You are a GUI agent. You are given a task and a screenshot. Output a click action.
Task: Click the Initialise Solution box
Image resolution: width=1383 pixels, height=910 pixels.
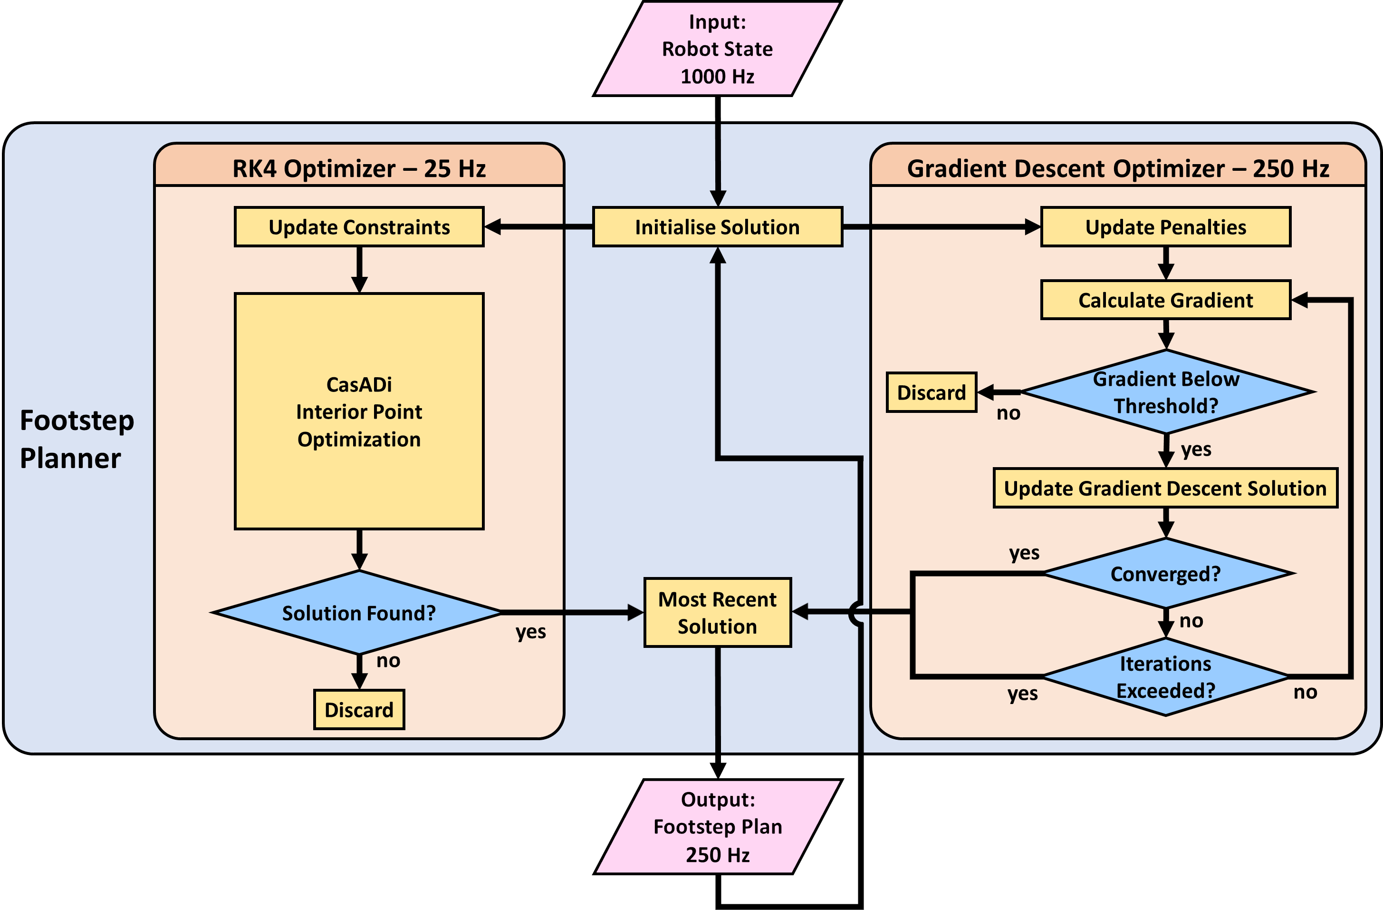coord(717,227)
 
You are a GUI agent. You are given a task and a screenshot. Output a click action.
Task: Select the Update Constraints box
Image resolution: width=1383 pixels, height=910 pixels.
coord(359,227)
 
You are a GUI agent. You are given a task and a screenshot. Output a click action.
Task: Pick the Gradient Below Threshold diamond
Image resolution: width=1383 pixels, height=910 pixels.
coord(1166,392)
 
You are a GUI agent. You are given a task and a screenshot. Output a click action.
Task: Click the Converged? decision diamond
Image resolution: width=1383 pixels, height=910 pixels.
coord(1166,573)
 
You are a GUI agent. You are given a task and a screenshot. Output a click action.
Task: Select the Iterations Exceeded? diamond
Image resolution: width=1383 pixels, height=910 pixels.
coord(1166,677)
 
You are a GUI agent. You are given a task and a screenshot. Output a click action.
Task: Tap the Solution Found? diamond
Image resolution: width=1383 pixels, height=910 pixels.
coord(358,612)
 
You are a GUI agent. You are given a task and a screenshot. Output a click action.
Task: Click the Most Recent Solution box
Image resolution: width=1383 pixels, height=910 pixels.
coord(717,612)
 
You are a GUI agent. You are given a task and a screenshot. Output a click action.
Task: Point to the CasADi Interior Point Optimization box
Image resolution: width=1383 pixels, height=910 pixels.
coord(359,411)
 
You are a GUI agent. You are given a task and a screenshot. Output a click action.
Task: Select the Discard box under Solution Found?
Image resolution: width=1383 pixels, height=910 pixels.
coord(359,709)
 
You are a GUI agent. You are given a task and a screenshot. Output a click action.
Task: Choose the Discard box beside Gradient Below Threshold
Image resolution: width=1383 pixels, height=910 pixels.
coord(931,392)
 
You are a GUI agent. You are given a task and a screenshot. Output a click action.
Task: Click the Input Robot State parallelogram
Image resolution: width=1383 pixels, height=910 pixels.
coord(717,49)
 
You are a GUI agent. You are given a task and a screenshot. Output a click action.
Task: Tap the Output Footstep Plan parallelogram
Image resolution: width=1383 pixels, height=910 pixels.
coord(718,826)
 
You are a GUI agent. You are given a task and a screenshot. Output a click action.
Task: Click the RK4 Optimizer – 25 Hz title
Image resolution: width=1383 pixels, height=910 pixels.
coord(359,168)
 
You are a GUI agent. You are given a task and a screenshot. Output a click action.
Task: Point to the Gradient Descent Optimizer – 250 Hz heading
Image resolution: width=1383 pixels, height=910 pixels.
coord(1117,168)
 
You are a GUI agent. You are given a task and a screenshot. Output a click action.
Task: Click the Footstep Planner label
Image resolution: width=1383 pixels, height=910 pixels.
coord(77,439)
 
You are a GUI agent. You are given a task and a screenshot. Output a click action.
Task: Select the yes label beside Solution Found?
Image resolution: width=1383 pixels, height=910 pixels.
coord(530,631)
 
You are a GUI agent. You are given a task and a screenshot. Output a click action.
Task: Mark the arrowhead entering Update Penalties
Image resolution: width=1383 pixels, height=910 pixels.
coord(1033,227)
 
